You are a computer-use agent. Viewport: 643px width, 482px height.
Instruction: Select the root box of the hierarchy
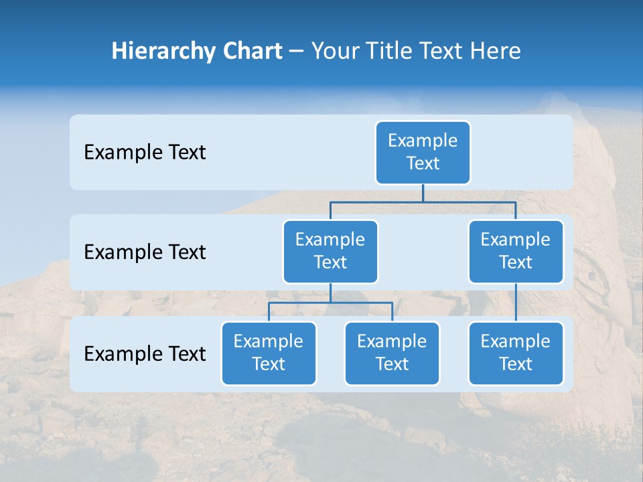[x=423, y=152]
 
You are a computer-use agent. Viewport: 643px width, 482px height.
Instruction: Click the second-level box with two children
[x=330, y=251]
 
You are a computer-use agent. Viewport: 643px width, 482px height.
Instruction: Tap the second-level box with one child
[x=516, y=251]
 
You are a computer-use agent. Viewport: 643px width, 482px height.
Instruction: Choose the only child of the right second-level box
[x=516, y=353]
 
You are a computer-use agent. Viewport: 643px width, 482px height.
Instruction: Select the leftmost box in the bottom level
[x=269, y=353]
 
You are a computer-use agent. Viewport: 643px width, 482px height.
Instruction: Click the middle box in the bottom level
[x=392, y=353]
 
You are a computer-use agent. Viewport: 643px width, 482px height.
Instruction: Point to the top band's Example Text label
[x=145, y=153]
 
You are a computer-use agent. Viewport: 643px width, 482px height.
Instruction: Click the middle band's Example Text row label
[x=145, y=252]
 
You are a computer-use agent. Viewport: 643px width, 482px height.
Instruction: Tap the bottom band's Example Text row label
[x=145, y=353]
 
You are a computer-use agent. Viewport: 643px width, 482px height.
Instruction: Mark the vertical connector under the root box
[x=423, y=193]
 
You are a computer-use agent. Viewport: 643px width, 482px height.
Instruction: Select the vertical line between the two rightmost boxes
[x=516, y=303]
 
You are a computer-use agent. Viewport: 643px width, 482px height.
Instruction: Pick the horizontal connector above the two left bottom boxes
[x=330, y=303]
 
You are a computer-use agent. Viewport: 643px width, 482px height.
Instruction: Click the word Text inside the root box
[x=423, y=163]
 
